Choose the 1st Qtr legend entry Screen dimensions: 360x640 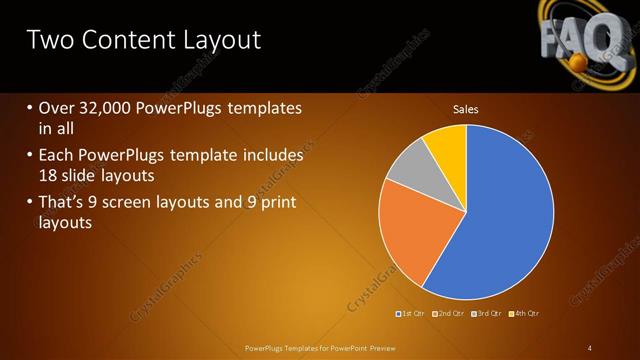coord(412,313)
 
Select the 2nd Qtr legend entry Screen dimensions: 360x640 coord(450,313)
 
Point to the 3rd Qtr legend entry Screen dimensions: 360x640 coord(488,313)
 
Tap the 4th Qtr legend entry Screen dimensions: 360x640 coord(526,313)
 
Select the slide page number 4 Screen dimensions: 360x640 coord(590,348)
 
